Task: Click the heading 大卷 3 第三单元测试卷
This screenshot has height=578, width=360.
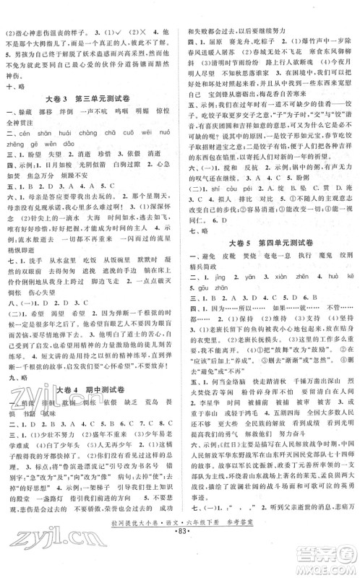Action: point(90,98)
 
